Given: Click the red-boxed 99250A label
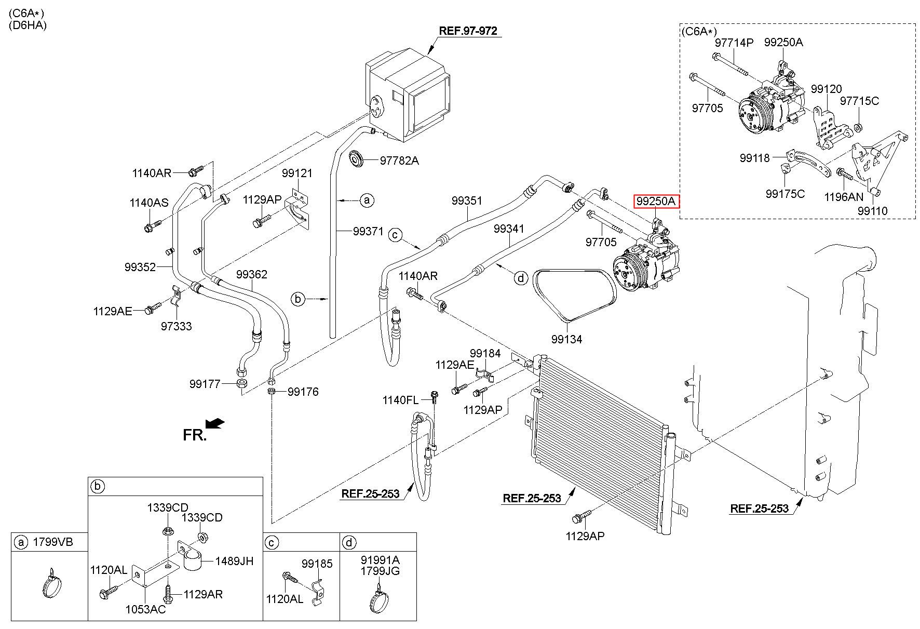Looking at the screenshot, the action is coord(656,201).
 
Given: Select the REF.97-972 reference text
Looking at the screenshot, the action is coord(468,31).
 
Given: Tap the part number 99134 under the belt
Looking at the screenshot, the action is coord(566,339).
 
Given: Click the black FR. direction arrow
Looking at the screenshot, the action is coord(215,424).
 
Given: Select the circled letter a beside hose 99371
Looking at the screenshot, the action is coord(367,199).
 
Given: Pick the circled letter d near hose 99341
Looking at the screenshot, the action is coord(520,278).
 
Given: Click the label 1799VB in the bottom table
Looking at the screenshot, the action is coord(53,542).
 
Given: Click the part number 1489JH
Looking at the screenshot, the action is coord(234,561).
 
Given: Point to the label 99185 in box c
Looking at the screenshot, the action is coord(317,563).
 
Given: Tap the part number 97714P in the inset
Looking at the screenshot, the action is coord(734,43).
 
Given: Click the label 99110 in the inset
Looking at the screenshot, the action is coord(872,211).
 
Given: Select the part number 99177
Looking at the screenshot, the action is coord(205,384).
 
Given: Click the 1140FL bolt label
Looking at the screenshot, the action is coord(400,399).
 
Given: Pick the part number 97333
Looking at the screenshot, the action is coord(176,326).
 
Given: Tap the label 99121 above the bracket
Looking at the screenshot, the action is coord(297,173).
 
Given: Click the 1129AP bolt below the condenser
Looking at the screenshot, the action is coord(581,516).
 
